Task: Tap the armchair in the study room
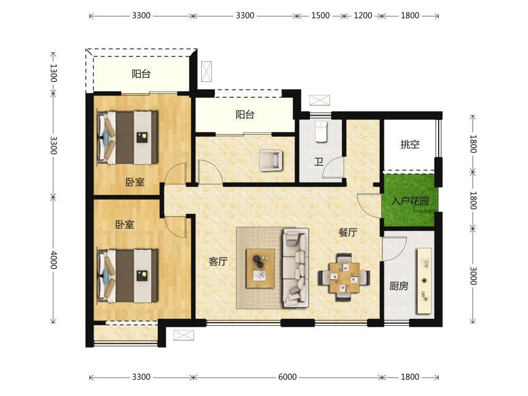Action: [271, 160]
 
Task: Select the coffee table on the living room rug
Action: [260, 268]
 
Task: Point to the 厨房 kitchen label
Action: [399, 286]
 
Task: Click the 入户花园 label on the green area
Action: [410, 201]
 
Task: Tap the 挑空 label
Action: [410, 145]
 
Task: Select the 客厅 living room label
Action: [218, 261]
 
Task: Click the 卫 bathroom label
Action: [318, 162]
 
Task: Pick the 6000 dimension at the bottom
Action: [287, 377]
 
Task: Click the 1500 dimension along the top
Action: [320, 15]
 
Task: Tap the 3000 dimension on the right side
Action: [474, 276]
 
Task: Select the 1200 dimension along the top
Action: [363, 15]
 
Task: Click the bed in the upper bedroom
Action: [128, 138]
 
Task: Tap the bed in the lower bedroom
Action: [128, 276]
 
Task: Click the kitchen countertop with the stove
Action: [425, 281]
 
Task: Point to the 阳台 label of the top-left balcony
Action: [141, 74]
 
